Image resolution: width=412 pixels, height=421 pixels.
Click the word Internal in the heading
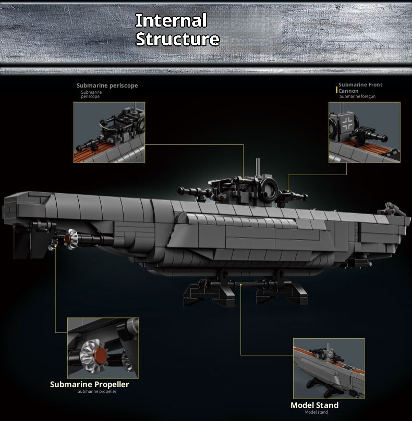[171, 21]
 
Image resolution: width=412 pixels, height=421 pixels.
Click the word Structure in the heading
[177, 40]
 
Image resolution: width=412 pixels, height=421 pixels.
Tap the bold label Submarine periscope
[107, 85]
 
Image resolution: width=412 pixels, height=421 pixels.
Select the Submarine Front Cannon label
[360, 88]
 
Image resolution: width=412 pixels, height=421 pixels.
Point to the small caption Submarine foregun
[357, 96]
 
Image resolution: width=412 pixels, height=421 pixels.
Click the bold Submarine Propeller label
[89, 385]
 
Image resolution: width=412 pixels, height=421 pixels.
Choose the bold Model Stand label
[314, 405]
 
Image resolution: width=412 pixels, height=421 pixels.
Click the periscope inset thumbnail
[109, 132]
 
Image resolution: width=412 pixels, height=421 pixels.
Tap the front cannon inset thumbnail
[364, 132]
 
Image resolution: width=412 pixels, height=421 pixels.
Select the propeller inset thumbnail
[103, 348]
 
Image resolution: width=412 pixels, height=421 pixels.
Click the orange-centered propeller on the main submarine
[69, 240]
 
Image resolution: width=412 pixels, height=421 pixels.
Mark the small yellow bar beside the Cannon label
[336, 90]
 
